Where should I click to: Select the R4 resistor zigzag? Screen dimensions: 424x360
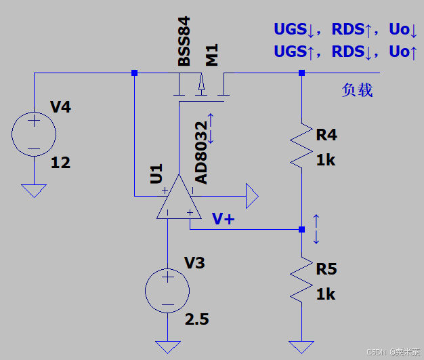click(x=301, y=146)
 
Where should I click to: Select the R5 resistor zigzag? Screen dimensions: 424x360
click(x=301, y=279)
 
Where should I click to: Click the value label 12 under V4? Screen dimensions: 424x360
click(x=60, y=163)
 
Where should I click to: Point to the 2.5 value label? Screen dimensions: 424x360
click(x=197, y=319)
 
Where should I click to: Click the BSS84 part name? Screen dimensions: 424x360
click(x=184, y=41)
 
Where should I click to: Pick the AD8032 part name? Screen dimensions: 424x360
click(x=201, y=153)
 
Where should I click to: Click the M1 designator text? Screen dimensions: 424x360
click(x=212, y=55)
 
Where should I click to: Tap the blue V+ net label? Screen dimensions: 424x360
click(x=223, y=219)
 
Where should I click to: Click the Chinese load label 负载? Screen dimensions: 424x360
click(x=357, y=90)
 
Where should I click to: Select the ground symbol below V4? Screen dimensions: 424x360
click(x=34, y=191)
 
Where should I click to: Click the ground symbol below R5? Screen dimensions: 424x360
click(x=301, y=347)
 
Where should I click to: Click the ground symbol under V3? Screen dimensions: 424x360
click(x=168, y=347)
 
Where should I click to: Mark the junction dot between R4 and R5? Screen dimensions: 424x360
click(x=301, y=230)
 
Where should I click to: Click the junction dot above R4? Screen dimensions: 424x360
click(x=301, y=73)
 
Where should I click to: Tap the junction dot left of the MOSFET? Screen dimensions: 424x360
click(x=134, y=73)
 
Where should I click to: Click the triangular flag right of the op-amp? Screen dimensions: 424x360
click(x=252, y=196)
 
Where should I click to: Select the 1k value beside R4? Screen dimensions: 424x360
click(x=326, y=160)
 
